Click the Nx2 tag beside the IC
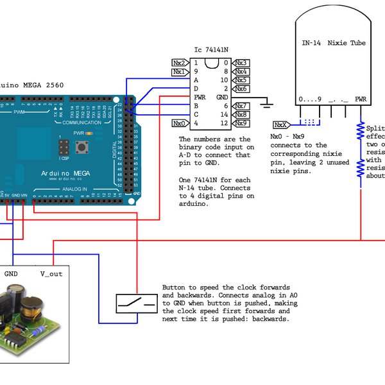point(180,63)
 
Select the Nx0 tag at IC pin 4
point(180,123)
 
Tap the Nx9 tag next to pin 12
point(241,123)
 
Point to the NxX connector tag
point(280,124)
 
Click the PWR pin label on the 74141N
point(200,97)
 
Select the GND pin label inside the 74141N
point(222,97)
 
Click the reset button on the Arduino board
point(83,149)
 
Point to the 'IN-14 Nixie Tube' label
point(334,43)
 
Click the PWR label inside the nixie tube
point(361,99)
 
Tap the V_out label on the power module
point(51,273)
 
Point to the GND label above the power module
point(12,273)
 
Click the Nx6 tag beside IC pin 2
point(241,89)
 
